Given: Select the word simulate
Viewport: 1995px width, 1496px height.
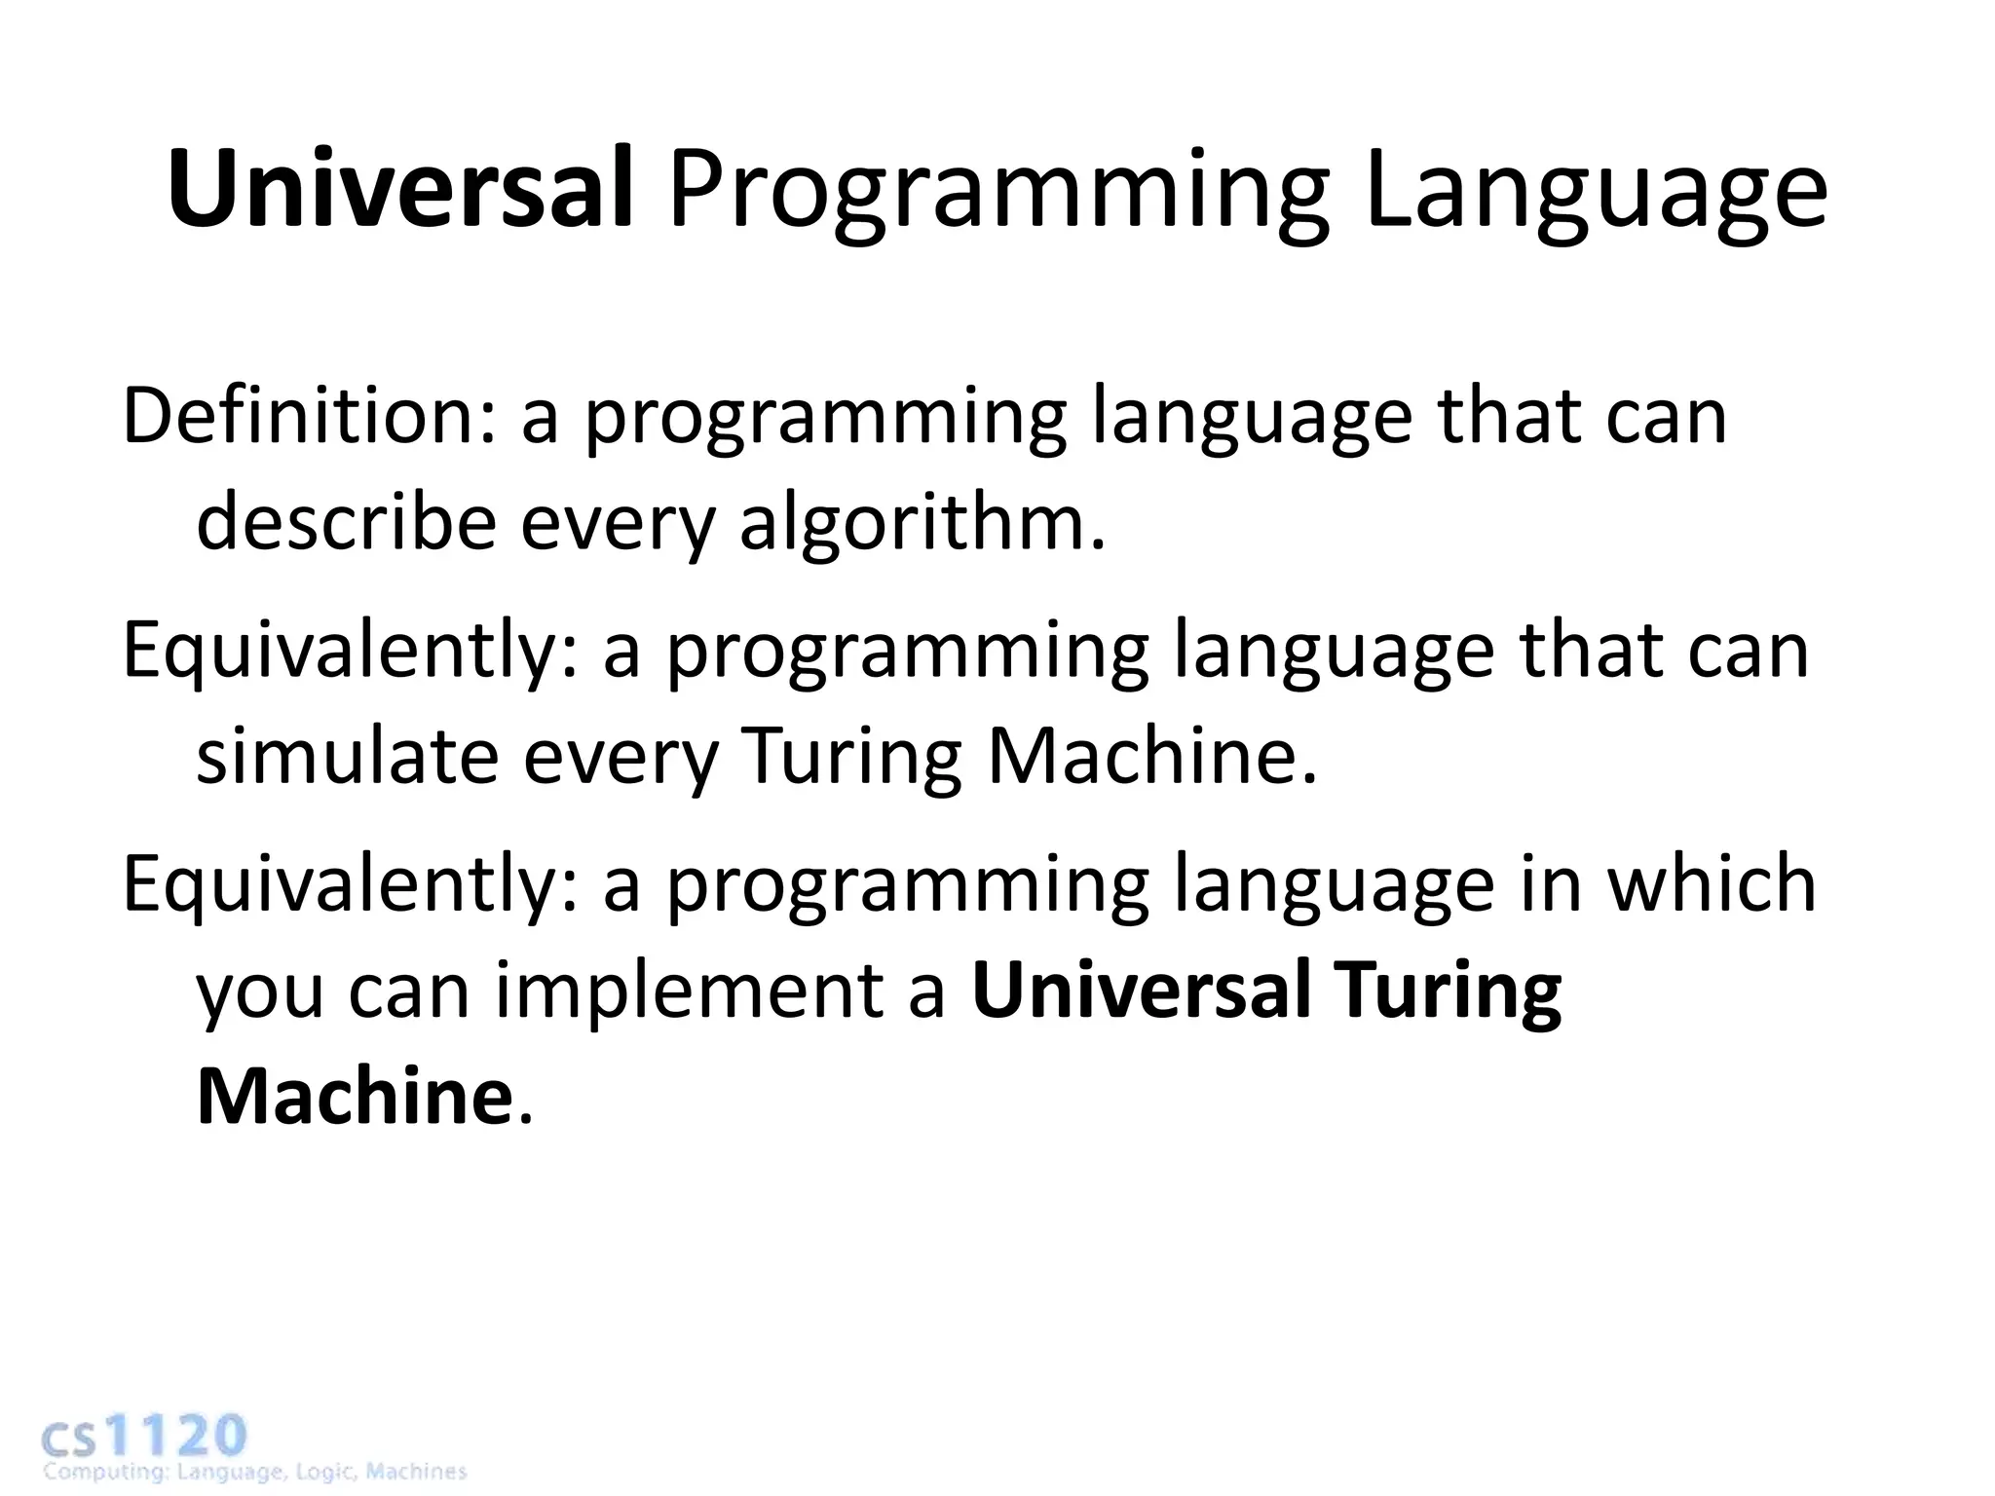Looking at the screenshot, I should pyautogui.click(x=347, y=757).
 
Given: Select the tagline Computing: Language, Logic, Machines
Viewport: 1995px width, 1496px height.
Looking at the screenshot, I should pyautogui.click(x=255, y=1472).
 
